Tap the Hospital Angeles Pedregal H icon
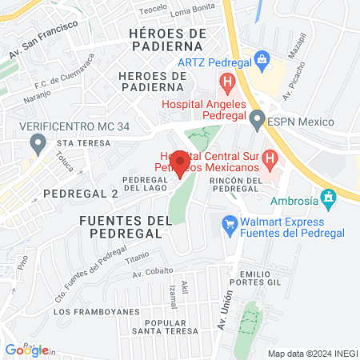click(227, 81)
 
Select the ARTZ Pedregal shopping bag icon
click(261, 58)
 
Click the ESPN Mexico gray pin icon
click(256, 121)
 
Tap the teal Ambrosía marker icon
click(326, 196)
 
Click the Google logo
click(26, 350)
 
